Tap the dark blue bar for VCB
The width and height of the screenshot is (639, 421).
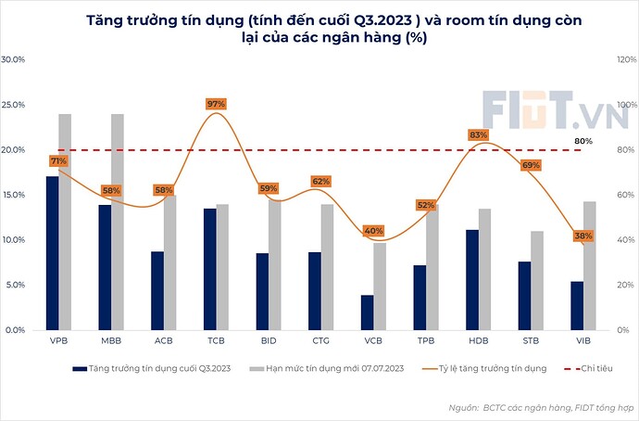click(x=367, y=313)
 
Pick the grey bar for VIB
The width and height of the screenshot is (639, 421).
click(x=590, y=265)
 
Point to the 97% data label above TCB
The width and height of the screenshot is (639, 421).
click(x=217, y=104)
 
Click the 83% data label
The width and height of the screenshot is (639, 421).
click(x=478, y=134)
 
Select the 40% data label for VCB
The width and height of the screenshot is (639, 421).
click(x=373, y=231)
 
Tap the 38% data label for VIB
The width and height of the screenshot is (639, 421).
click(x=583, y=236)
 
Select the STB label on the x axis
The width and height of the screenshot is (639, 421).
click(x=531, y=341)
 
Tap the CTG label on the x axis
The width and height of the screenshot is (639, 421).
click(x=320, y=341)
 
